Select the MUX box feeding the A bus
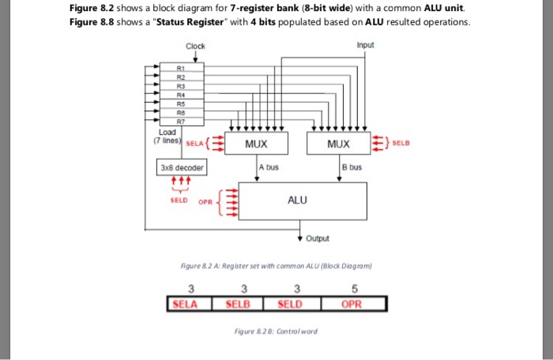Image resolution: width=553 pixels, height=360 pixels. point(255,145)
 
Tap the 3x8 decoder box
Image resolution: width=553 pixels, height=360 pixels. point(182,167)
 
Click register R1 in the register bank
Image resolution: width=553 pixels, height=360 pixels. point(181,69)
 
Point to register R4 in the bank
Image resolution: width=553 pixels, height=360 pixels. point(181,94)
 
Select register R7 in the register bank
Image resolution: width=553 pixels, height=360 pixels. point(181,122)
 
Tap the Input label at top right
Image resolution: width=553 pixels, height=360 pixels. point(366,45)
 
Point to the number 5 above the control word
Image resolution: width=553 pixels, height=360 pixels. point(352,288)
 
